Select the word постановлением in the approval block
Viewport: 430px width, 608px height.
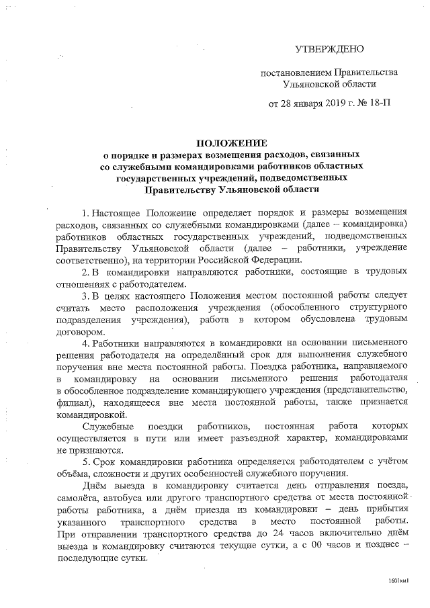(294, 72)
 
